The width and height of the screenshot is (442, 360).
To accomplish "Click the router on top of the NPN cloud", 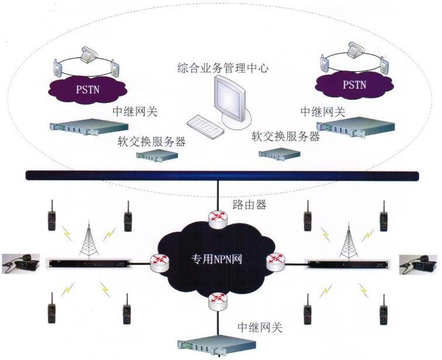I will tap(218, 217).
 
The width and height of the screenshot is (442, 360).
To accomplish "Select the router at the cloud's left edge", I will tap(159, 263).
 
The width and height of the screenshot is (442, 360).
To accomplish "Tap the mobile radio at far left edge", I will tap(20, 264).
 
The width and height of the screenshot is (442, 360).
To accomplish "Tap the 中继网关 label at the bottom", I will tap(259, 327).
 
